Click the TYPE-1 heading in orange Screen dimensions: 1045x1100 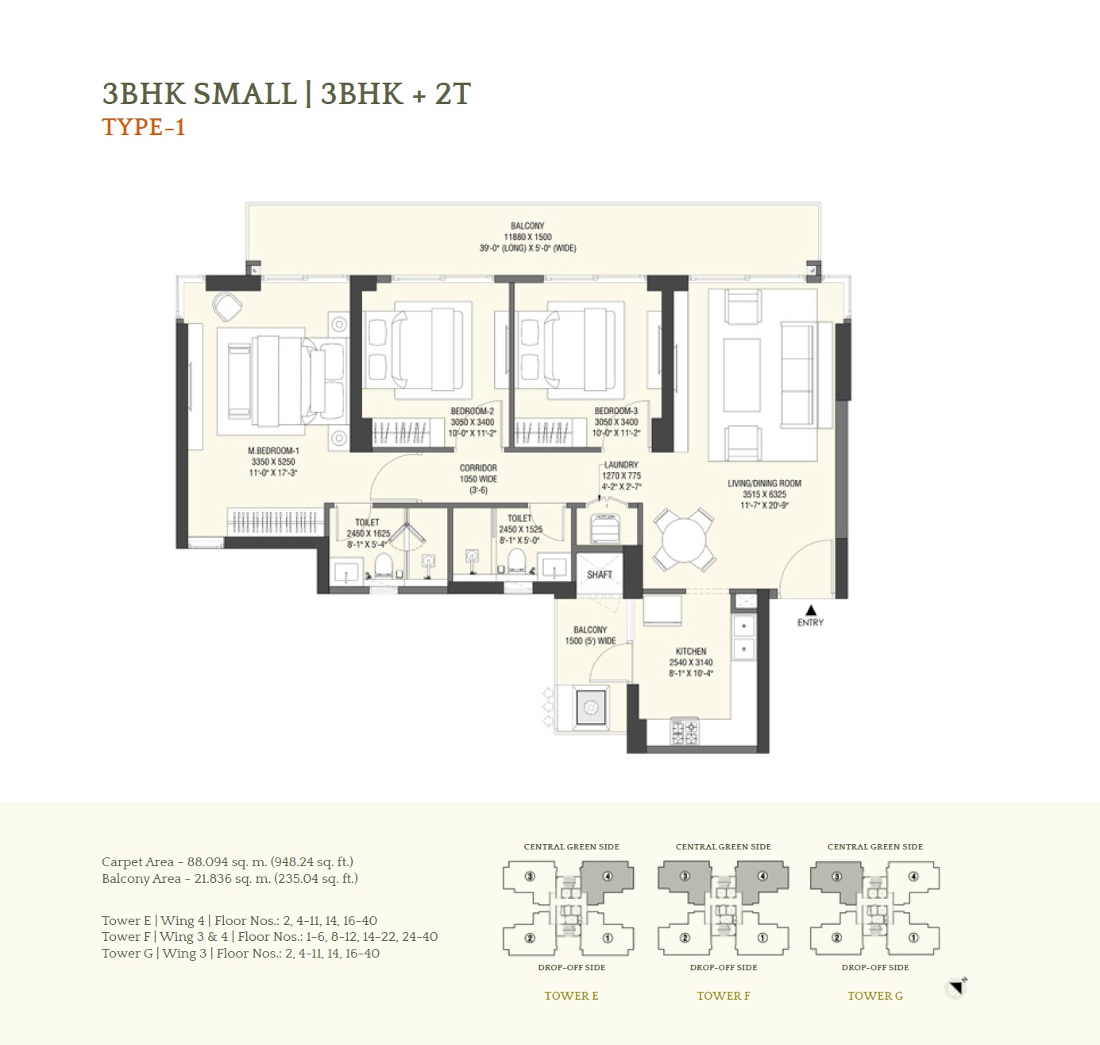(144, 128)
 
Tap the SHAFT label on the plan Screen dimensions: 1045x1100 (600, 575)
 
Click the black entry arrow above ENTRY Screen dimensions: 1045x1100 (810, 610)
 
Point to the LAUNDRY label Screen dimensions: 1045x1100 (621, 466)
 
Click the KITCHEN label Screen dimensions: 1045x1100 (690, 651)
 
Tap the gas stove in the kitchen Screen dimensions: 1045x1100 (685, 731)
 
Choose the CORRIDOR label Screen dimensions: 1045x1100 (478, 468)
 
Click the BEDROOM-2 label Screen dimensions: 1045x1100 (472, 412)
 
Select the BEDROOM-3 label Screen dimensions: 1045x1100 (616, 412)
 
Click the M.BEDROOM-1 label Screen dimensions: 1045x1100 (273, 451)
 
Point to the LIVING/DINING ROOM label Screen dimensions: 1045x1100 (764, 483)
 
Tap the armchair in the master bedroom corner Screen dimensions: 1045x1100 (226, 304)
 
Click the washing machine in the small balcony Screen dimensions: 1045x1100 (589, 707)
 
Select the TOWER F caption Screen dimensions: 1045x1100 (724, 996)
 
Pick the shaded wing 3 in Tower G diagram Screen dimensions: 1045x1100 (836, 881)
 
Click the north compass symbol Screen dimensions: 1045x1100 (958, 988)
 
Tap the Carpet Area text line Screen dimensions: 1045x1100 (227, 861)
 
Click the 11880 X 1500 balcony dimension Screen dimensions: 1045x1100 (527, 237)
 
